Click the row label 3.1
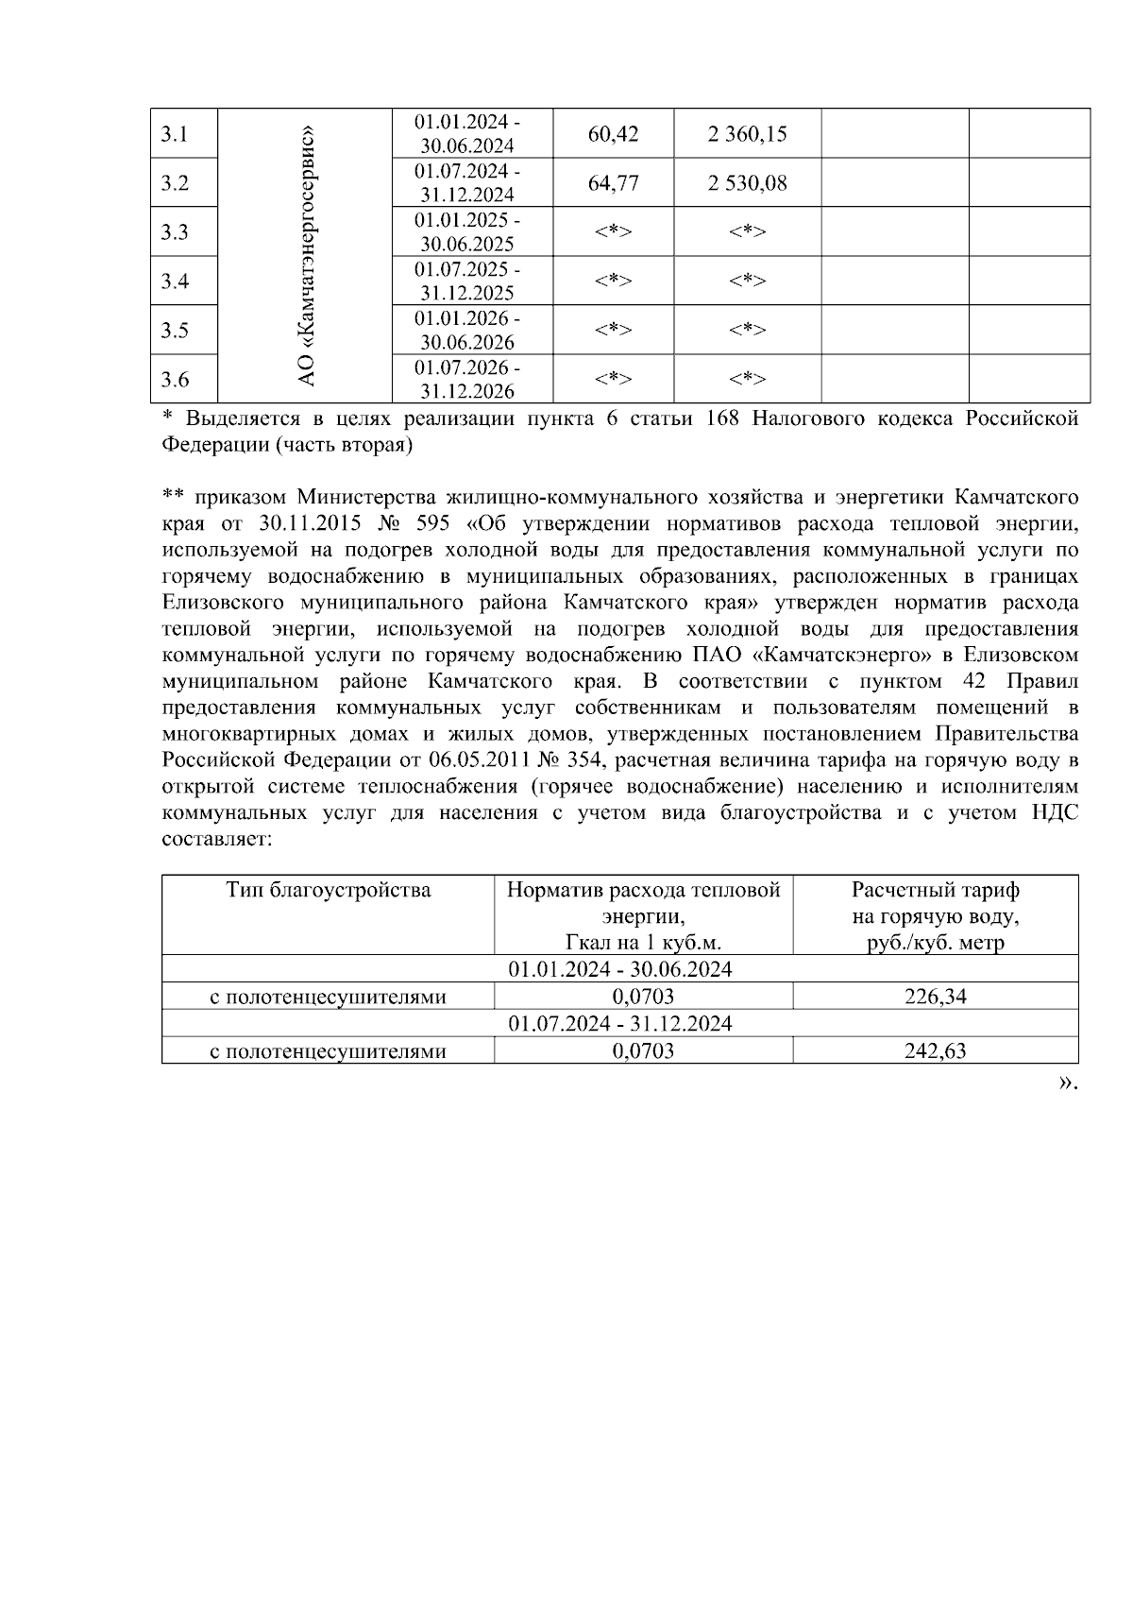click(175, 134)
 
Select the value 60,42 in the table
click(613, 134)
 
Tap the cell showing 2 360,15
click(747, 134)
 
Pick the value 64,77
click(613, 183)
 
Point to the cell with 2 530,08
click(747, 183)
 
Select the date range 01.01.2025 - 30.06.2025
click(467, 231)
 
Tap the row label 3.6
click(175, 380)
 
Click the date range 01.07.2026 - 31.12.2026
click(467, 379)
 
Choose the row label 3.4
click(175, 282)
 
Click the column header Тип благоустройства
click(328, 890)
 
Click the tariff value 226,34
click(935, 996)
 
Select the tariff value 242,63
click(935, 1050)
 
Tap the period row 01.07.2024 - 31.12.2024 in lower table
click(619, 1023)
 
